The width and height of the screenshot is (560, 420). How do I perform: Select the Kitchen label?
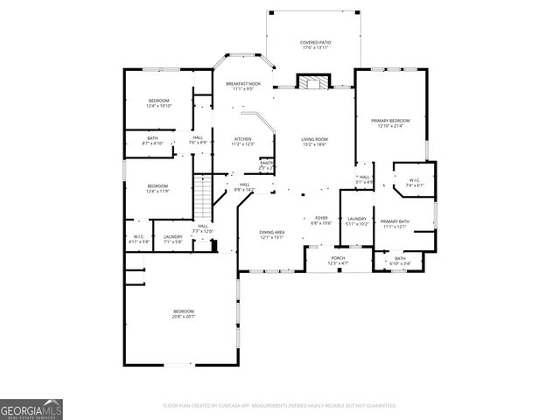pos(242,141)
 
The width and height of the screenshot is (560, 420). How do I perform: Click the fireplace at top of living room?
pos(312,82)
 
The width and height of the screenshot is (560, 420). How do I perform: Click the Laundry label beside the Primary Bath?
pos(356,220)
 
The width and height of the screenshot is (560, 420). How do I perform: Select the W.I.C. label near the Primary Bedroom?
pos(415,183)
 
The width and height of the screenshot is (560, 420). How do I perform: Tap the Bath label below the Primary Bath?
pos(400,260)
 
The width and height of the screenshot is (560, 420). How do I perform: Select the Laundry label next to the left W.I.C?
pos(172,238)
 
